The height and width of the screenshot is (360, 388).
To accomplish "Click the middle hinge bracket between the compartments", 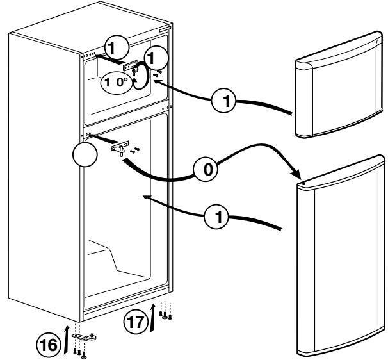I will [x=119, y=148].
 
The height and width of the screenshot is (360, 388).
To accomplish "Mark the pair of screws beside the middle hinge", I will [x=133, y=151].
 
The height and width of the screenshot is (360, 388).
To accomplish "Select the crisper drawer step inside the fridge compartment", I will [x=109, y=256].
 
